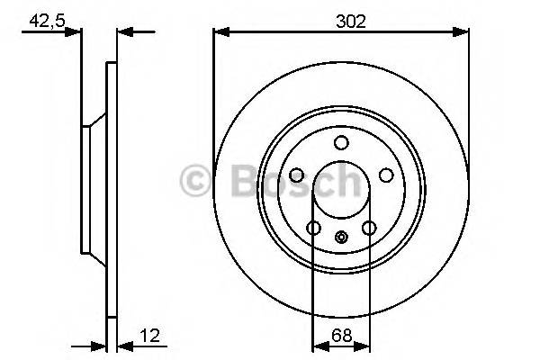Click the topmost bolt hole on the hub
pyautogui.click(x=341, y=143)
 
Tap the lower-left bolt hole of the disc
pyautogui.click(x=313, y=229)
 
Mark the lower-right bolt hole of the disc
pyautogui.click(x=369, y=229)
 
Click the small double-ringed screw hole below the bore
pyautogui.click(x=341, y=238)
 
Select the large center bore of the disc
pyautogui.click(x=341, y=190)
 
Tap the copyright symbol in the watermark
pyautogui.click(x=194, y=181)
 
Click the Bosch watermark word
pyautogui.click(x=288, y=181)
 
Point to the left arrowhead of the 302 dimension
pyautogui.click(x=219, y=32)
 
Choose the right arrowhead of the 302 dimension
pyautogui.click(x=463, y=32)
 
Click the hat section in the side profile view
pyautogui.click(x=93, y=190)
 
